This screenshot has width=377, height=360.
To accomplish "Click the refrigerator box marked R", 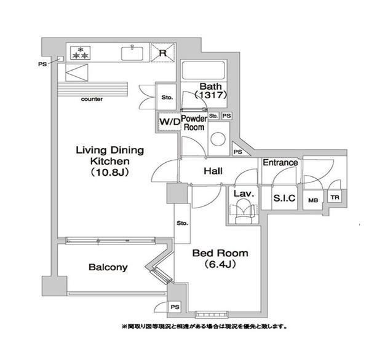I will coord(163,52).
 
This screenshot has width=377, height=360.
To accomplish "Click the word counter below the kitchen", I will coord(92,99).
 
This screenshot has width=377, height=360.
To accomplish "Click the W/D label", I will coord(169,122).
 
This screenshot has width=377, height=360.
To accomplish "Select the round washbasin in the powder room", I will coord(218,138).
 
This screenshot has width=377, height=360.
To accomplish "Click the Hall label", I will coord(212,171).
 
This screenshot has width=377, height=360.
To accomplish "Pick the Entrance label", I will coord(280,163).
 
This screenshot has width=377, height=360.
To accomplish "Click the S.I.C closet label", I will coord(284,198).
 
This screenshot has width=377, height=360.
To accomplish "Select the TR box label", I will coord(335,197).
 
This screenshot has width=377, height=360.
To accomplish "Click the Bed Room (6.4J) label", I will coord(220,259).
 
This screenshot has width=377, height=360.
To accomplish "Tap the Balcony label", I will coord(108,267).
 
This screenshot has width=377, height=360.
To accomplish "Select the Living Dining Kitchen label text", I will coord(109,160).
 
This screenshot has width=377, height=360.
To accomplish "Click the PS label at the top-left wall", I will coord(42,63).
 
